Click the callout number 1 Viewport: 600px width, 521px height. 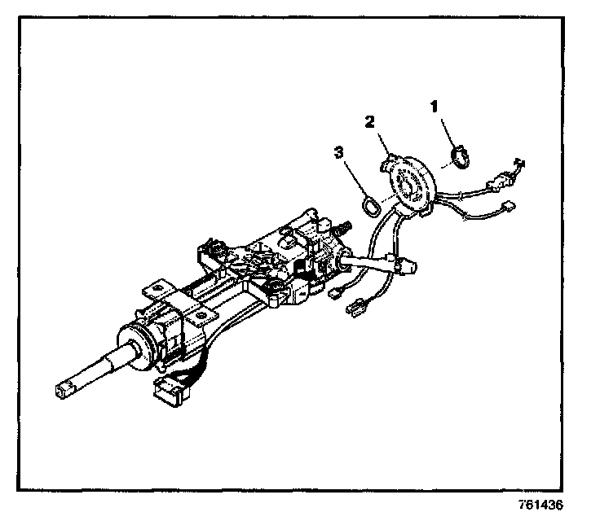coord(435,106)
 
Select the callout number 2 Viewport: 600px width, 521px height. coord(369,122)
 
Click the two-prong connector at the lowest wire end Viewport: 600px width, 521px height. coord(357,309)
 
